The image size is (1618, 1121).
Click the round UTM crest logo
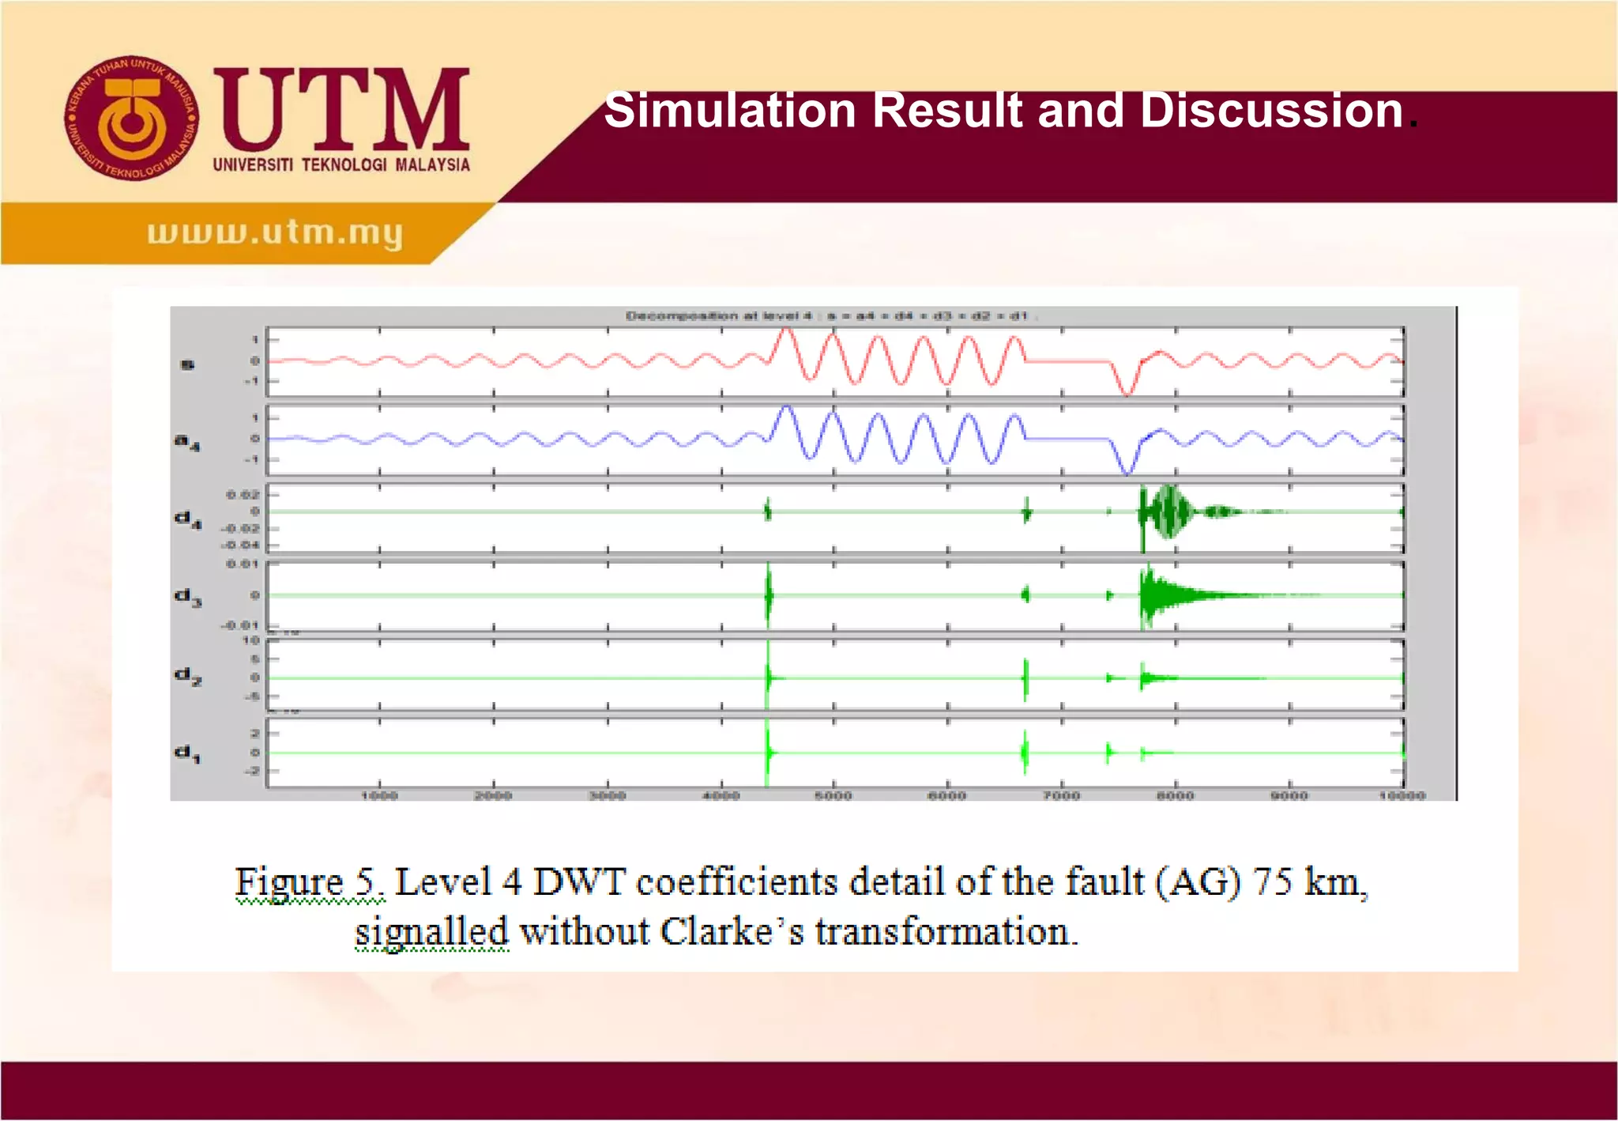click(131, 119)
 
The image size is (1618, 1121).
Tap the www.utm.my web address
click(275, 232)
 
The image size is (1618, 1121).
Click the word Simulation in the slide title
click(730, 110)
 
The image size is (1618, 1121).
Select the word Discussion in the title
click(1271, 110)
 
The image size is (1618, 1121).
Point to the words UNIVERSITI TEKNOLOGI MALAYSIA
click(341, 164)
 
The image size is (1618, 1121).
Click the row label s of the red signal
click(188, 364)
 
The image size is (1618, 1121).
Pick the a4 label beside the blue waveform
click(187, 441)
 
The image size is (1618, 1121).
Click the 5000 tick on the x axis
click(833, 795)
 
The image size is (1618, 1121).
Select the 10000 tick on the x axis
click(1402, 795)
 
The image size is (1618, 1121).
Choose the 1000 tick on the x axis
click(379, 795)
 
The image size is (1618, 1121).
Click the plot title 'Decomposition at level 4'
click(719, 316)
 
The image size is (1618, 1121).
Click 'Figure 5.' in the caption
click(309, 882)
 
